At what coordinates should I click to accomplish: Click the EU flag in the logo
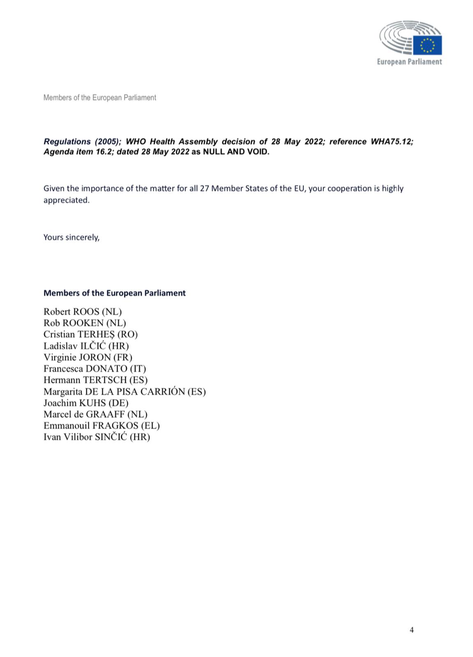[x=427, y=45]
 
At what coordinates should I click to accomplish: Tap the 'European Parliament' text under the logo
[x=409, y=62]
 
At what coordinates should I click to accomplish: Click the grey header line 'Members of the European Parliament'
[x=99, y=98]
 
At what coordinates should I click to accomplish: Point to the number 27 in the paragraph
[x=204, y=188]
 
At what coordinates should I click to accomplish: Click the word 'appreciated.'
[x=66, y=200]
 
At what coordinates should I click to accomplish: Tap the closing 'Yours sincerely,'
[x=72, y=237]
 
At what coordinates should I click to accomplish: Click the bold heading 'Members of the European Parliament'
[x=114, y=293]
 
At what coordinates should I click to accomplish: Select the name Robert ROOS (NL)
[x=83, y=312]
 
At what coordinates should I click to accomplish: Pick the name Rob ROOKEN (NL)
[x=85, y=323]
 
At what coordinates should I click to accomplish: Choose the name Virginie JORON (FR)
[x=88, y=357]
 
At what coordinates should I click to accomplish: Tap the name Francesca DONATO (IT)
[x=95, y=369]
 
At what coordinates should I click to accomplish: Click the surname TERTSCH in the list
[x=105, y=380]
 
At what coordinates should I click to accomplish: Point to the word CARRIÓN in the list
[x=162, y=391]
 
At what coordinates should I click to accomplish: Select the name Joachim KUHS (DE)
[x=86, y=403]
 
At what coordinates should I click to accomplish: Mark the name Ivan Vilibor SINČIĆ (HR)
[x=97, y=437]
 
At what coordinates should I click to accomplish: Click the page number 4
[x=412, y=630]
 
